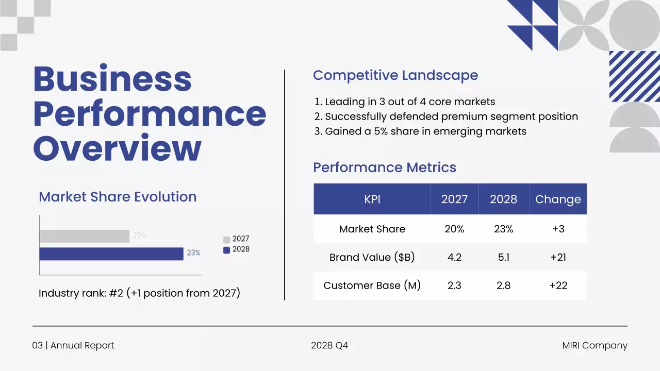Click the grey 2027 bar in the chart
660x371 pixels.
click(x=84, y=236)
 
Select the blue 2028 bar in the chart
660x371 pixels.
click(x=111, y=254)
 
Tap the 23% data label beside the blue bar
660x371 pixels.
click(x=193, y=253)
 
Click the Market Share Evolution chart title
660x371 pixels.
click(x=118, y=197)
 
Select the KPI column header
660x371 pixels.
click(x=372, y=199)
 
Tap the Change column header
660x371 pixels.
click(x=558, y=199)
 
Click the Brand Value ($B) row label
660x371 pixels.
click(x=372, y=257)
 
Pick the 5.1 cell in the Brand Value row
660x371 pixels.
click(x=503, y=257)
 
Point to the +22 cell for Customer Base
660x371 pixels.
click(x=558, y=285)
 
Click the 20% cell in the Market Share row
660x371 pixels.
click(x=454, y=229)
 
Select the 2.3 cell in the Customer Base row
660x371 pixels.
click(x=454, y=285)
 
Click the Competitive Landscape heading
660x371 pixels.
click(x=395, y=75)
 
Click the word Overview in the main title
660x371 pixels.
click(x=117, y=149)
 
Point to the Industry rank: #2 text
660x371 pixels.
click(x=139, y=293)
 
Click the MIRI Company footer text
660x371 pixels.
click(x=595, y=346)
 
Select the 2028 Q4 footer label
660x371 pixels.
click(x=329, y=346)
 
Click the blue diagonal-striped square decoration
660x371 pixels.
click(x=634, y=76)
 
